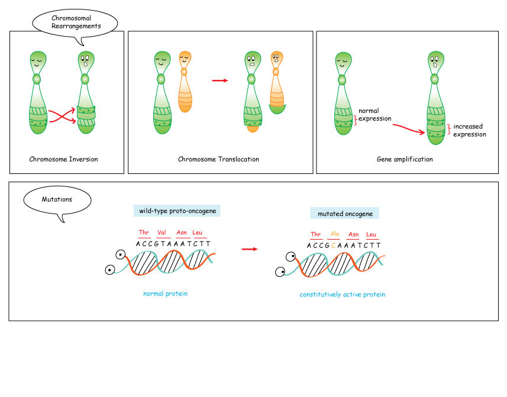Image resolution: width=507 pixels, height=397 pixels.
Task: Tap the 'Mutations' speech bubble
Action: (x=57, y=199)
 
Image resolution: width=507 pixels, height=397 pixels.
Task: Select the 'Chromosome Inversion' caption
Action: (x=63, y=159)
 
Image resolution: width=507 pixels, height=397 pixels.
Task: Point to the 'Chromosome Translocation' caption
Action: (x=218, y=159)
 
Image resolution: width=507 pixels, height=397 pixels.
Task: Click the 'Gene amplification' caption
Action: (x=405, y=159)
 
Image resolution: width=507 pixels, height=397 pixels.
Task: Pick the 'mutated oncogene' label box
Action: (x=345, y=213)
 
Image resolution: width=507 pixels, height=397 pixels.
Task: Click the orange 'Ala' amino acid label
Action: (x=335, y=234)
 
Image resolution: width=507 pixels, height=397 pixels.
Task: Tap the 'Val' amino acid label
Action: (x=161, y=233)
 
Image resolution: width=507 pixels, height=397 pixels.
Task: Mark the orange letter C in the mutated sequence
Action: (x=334, y=245)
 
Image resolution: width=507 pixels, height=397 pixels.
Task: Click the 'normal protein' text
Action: (x=165, y=293)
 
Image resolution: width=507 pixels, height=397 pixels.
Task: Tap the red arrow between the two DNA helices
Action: (x=250, y=249)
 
